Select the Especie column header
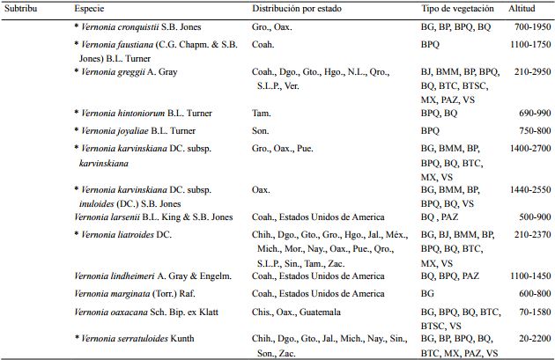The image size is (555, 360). [x=92, y=8]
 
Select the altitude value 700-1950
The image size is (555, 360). [x=527, y=28]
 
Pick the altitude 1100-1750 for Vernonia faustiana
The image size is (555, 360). [x=525, y=43]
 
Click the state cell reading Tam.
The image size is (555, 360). [x=261, y=113]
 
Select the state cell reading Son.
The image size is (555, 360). [x=260, y=129]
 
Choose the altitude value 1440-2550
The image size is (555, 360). [x=525, y=188]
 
